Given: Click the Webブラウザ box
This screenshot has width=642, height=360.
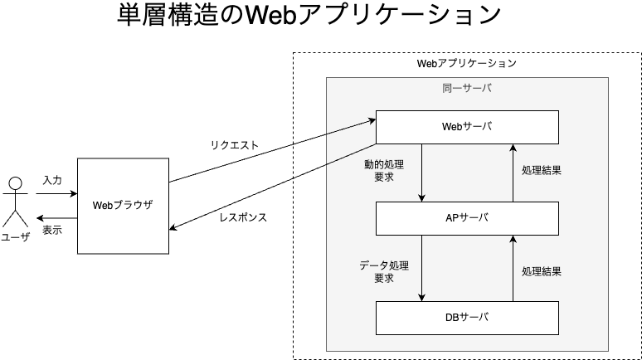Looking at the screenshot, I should click(123, 206).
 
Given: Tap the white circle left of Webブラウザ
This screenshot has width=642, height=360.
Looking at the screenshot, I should click(15, 183).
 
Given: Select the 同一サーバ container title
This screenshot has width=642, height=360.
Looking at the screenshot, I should click(467, 88).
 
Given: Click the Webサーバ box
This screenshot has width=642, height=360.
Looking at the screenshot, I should click(467, 126).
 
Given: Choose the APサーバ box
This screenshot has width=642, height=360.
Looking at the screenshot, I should click(467, 218).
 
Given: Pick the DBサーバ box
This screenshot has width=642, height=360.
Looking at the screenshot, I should click(467, 318).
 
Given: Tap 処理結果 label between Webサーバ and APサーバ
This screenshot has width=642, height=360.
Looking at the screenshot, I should click(542, 171).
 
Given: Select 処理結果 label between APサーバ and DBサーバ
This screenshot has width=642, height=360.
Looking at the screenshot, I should click(542, 271).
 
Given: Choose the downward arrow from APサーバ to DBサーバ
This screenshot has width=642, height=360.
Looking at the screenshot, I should click(421, 267).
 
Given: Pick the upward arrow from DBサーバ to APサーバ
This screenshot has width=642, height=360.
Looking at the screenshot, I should click(513, 267).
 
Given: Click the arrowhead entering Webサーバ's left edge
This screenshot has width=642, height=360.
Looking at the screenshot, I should click(371, 120).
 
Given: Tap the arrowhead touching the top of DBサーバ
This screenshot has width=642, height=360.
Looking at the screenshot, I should click(421, 296).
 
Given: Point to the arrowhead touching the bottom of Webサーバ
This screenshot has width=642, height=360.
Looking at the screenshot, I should click(513, 148).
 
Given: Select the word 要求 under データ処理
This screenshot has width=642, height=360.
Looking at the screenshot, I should click(383, 279).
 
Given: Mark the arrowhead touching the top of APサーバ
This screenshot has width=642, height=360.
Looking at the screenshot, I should click(421, 197).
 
